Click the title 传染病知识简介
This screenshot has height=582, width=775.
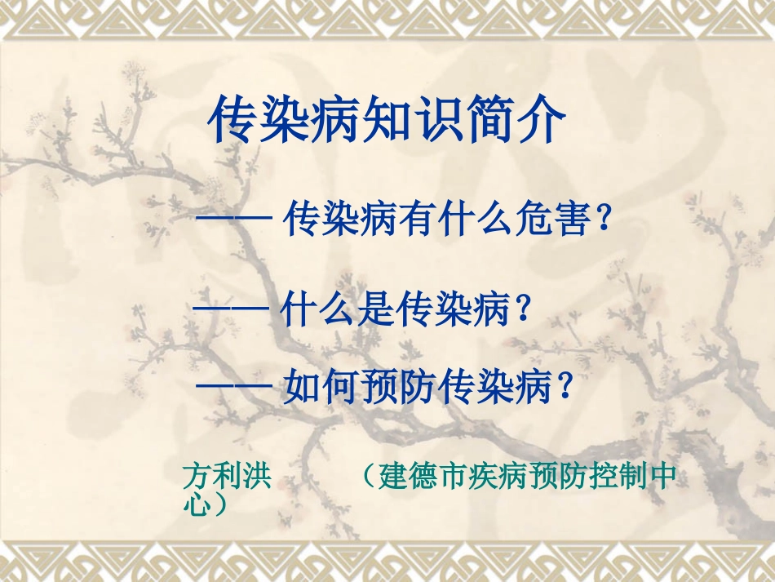click(387, 121)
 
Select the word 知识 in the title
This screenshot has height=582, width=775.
click(387, 121)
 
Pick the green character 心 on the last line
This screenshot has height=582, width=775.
click(195, 501)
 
